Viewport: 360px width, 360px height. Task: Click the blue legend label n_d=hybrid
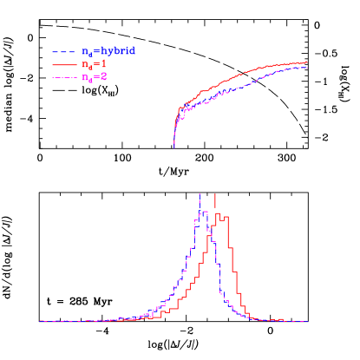[108, 51]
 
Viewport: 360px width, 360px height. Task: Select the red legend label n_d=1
[93, 64]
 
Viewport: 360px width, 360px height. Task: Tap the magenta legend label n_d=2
[93, 77]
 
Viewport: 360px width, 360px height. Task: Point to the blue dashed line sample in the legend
[62, 52]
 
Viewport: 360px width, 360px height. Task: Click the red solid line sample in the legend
[62, 65]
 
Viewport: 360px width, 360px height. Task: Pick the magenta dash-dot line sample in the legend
[62, 78]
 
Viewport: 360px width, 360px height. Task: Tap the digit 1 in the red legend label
[103, 64]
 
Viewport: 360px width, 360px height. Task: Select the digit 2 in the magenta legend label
[103, 77]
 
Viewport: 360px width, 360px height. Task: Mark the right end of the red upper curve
[306, 62]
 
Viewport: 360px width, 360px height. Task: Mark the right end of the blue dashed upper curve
[306, 67]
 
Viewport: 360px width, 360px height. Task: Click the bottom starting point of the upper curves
[174, 147]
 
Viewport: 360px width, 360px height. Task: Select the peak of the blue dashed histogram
[200, 212]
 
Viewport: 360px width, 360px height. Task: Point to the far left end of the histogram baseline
[40, 321]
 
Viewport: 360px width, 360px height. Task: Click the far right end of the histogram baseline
[308, 321]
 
